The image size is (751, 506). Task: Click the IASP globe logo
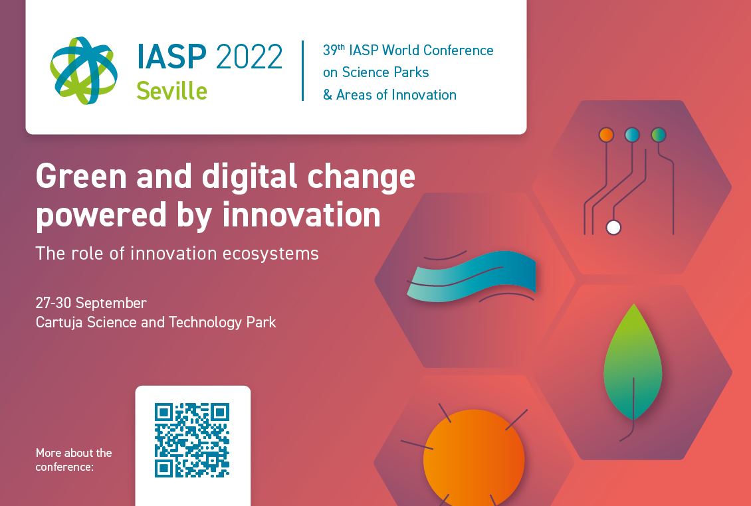84,70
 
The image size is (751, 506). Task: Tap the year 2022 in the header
249,57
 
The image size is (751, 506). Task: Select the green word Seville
172,90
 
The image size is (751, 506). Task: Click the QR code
192,440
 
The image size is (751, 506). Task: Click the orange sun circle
474,458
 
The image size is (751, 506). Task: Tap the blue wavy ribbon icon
471,277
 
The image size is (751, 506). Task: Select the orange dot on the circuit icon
606,135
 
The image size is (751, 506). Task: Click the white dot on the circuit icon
613,227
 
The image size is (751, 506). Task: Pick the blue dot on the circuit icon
632,135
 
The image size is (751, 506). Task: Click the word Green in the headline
81,176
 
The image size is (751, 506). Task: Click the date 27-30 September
91,303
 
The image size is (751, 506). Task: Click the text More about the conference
74,460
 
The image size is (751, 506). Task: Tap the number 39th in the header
334,50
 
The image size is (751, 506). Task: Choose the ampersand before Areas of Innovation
328,94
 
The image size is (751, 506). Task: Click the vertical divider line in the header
302,71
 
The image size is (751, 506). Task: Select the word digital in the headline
249,176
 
